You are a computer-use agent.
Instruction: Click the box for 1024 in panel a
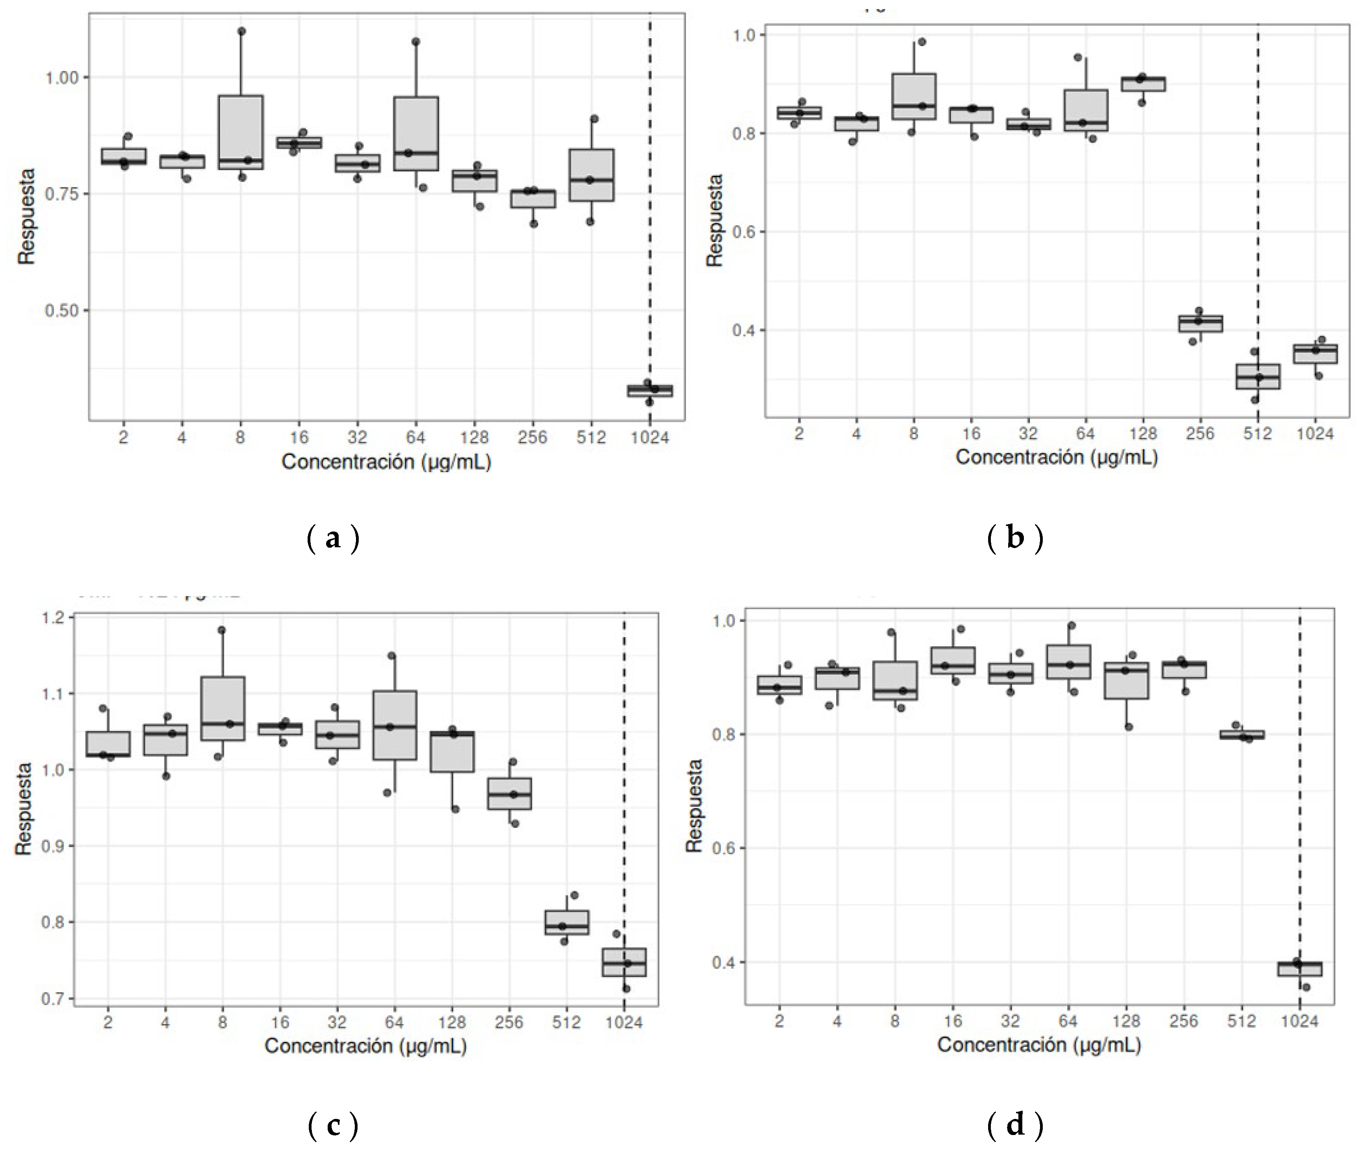point(650,391)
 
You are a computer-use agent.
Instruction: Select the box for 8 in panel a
point(241,132)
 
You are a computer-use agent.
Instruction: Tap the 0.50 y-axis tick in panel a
point(61,311)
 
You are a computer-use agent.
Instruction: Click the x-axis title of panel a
point(386,462)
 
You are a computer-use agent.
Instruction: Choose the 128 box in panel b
point(1143,83)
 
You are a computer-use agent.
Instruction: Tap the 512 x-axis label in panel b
point(1257,433)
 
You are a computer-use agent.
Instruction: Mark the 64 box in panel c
point(395,725)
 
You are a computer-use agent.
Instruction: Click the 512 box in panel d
point(1241,735)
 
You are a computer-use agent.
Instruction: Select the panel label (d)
point(1015,1126)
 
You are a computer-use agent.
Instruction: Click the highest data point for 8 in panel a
point(241,31)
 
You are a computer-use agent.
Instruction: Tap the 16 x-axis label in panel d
point(952,1021)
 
